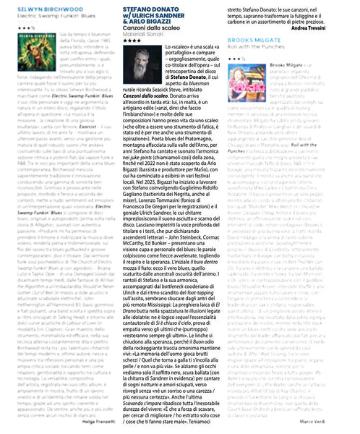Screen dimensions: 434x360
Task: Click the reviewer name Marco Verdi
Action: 336,421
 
